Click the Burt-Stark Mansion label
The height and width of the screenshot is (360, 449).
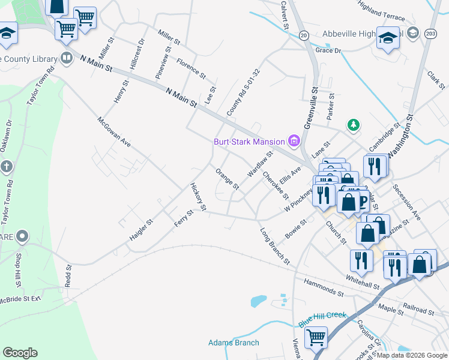250,142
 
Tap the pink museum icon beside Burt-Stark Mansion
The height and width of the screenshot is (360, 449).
294,142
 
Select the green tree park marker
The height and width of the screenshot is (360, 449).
354,125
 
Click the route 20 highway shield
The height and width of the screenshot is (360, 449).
304,35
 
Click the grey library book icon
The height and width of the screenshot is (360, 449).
67,58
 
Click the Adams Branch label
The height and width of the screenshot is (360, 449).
234,343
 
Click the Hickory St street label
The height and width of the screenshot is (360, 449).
198,197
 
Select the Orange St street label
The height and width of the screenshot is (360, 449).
228,179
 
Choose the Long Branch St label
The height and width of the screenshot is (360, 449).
275,246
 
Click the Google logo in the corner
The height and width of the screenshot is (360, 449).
20,353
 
